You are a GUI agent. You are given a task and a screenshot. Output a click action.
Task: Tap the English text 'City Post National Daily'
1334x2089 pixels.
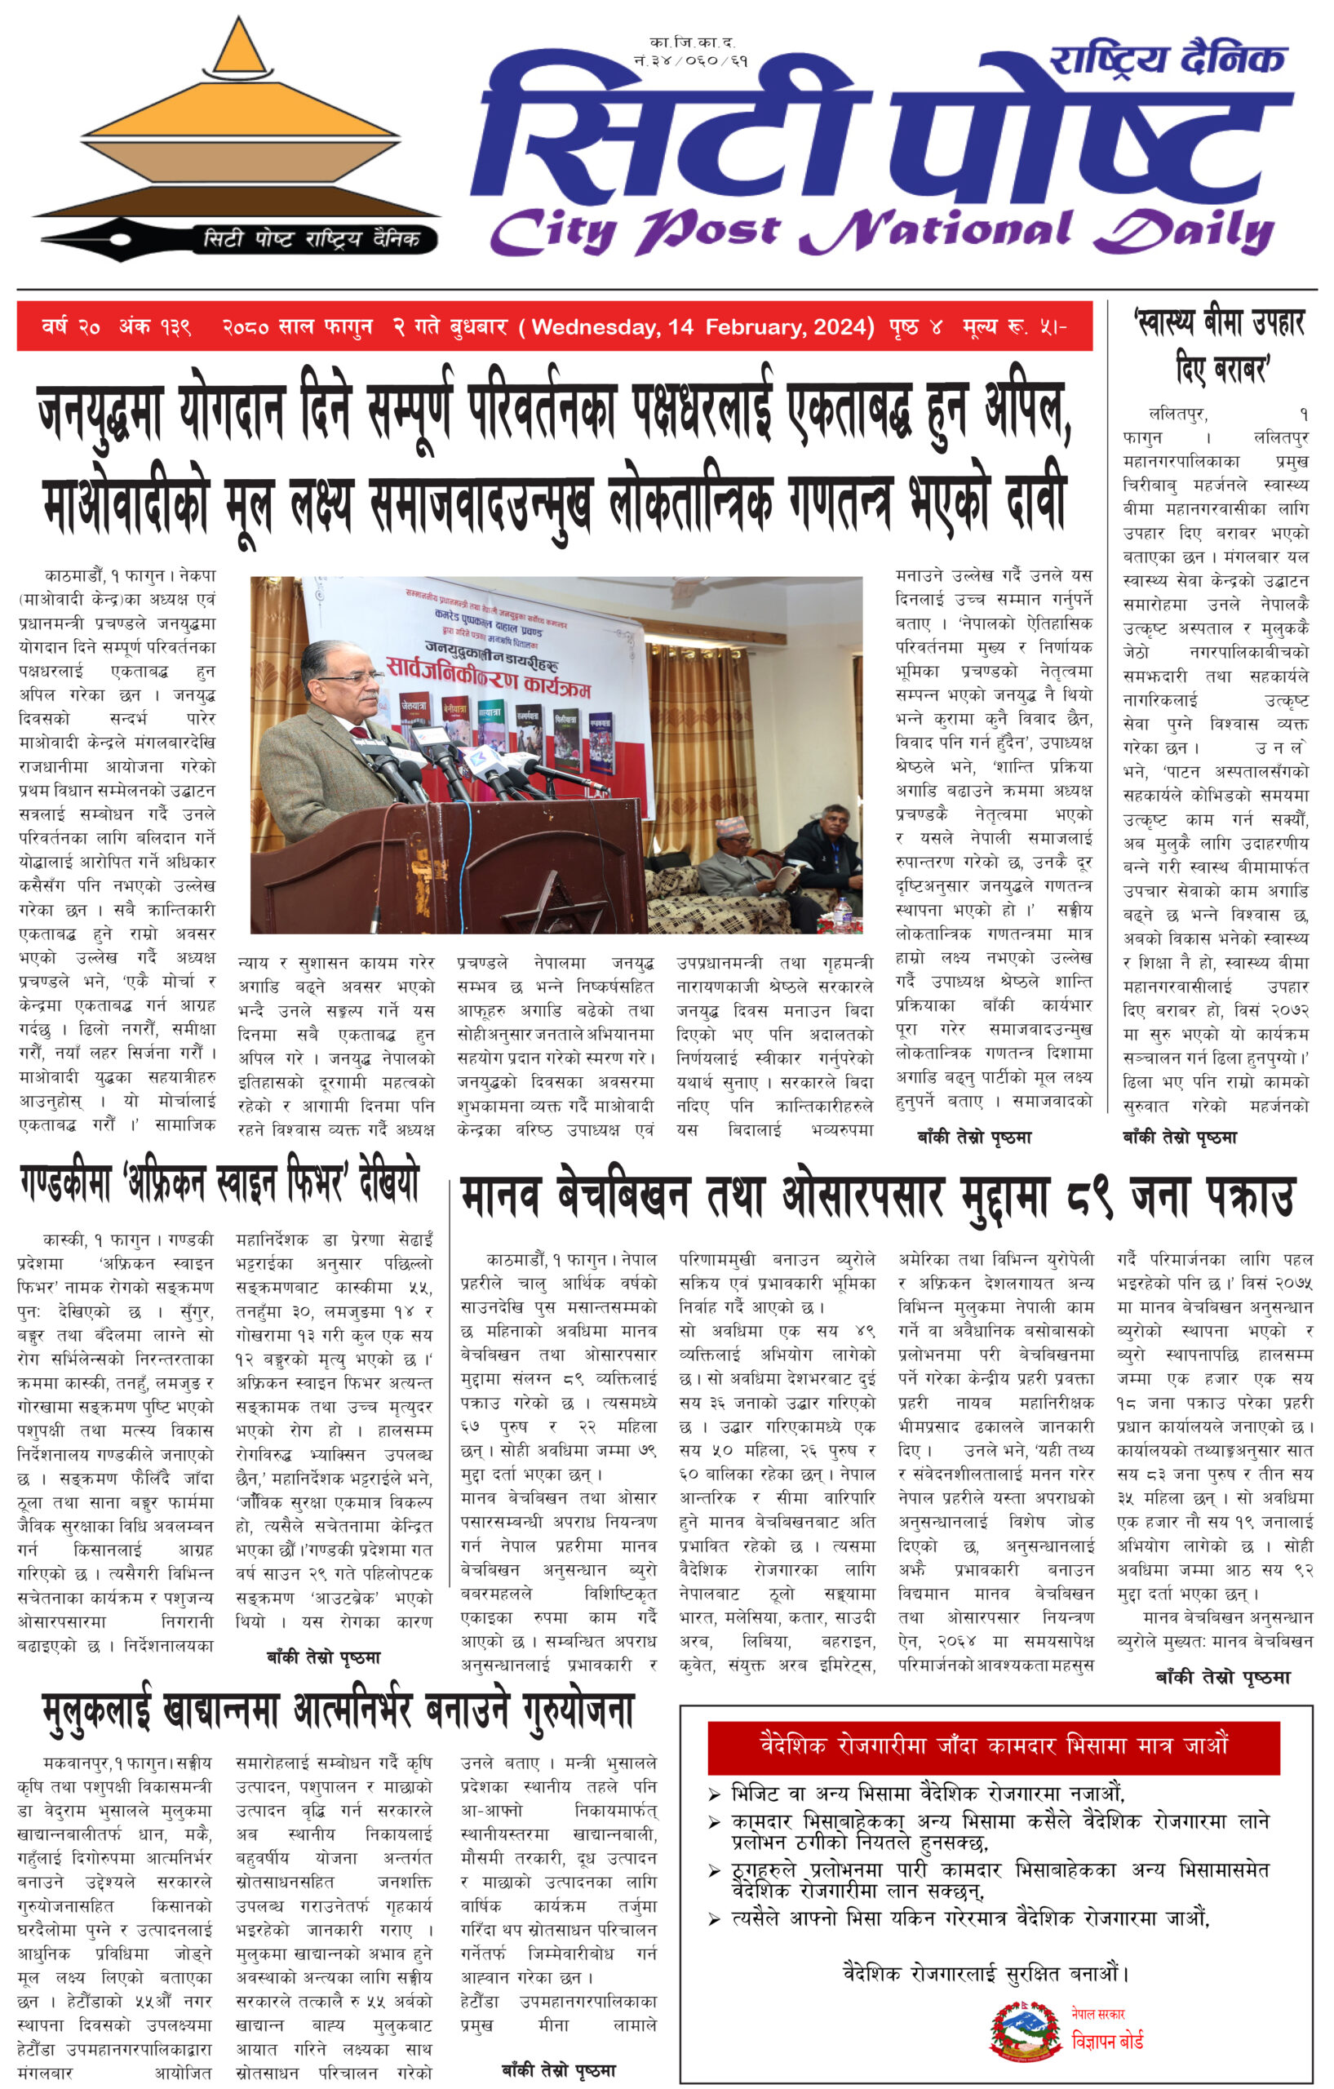click(880, 233)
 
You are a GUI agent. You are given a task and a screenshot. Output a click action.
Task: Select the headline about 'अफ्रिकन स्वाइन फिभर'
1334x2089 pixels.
click(219, 1183)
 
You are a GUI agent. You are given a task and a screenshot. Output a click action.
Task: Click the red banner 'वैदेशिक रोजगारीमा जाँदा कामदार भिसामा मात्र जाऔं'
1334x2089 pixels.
click(993, 1744)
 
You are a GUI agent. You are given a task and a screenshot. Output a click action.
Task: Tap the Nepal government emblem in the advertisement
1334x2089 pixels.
click(1026, 2031)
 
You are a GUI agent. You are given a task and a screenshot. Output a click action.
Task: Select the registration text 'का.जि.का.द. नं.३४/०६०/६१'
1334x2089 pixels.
click(690, 51)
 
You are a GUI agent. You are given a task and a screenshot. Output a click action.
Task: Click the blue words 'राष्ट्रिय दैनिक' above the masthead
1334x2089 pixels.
click(1166, 60)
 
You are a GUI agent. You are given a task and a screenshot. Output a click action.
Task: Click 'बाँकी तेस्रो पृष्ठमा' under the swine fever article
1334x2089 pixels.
click(324, 1657)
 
